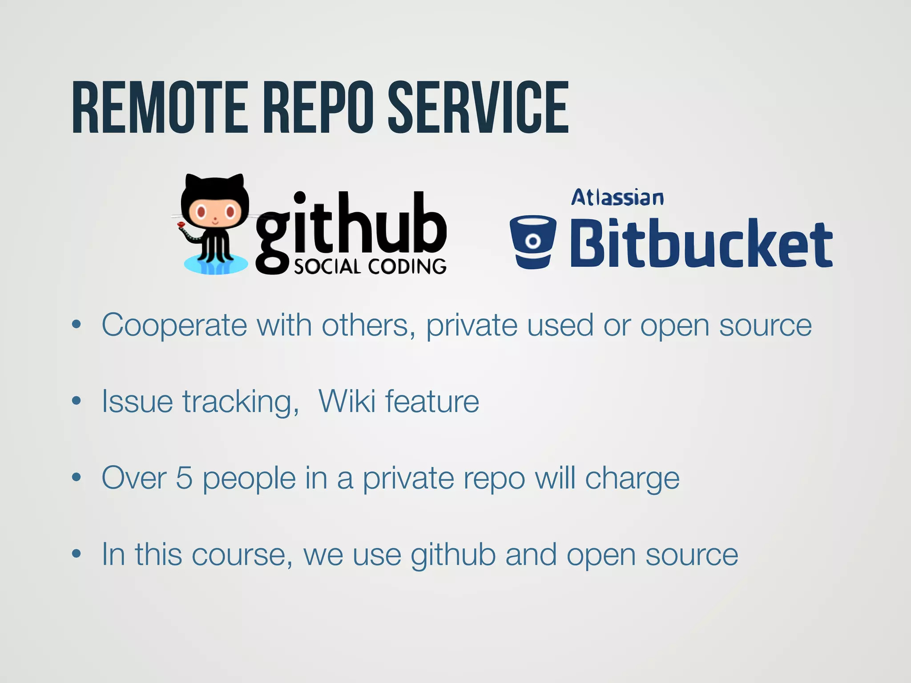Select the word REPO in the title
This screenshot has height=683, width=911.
pyautogui.click(x=318, y=108)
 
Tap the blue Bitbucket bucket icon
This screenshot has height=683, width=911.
pyautogui.click(x=533, y=241)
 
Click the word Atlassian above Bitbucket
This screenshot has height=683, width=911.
pyautogui.click(x=617, y=198)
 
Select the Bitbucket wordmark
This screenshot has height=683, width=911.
pyautogui.click(x=701, y=244)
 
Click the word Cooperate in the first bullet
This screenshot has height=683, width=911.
pyautogui.click(x=174, y=325)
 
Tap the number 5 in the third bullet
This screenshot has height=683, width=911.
pyautogui.click(x=184, y=478)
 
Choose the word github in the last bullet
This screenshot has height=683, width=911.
pyautogui.click(x=453, y=555)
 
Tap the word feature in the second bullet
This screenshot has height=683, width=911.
pyautogui.click(x=432, y=402)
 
